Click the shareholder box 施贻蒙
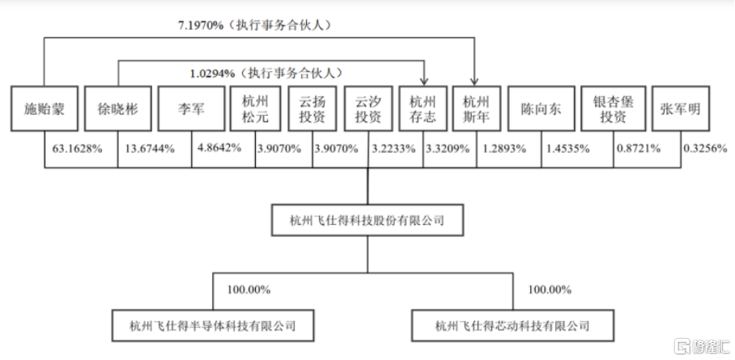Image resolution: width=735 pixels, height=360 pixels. click(45, 108)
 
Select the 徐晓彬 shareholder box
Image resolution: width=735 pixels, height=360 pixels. click(118, 108)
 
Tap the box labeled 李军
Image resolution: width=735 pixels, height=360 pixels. click(191, 108)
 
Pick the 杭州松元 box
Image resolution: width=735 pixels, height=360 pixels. click(256, 108)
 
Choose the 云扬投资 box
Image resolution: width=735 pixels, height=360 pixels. click(312, 108)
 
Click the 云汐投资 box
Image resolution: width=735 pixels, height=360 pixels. click(368, 108)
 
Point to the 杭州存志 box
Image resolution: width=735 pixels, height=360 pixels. click(423, 108)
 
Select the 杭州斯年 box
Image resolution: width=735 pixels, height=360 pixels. click(477, 108)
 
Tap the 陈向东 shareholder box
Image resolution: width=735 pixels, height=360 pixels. click(542, 108)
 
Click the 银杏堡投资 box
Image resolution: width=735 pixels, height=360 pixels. click(614, 108)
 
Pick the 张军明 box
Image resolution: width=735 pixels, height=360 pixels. click(681, 108)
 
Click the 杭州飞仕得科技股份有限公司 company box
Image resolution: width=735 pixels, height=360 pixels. click(367, 220)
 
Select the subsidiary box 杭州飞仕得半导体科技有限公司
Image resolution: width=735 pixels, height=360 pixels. click(213, 325)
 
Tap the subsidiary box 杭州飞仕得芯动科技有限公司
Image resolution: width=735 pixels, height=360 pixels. click(513, 325)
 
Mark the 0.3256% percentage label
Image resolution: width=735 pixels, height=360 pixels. click(706, 149)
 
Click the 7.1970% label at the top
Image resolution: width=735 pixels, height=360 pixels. click(201, 26)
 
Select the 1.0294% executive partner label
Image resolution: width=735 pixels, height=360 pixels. click(212, 74)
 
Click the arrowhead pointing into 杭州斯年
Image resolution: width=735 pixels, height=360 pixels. click(474, 82)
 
